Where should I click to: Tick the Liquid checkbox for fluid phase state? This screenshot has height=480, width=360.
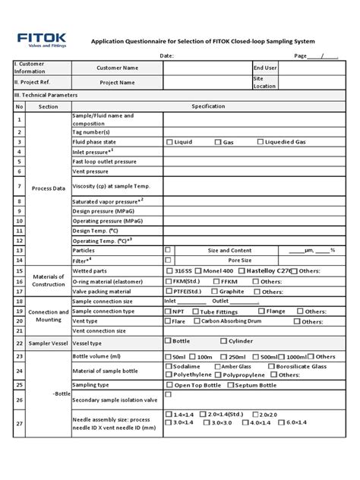coord(169,142)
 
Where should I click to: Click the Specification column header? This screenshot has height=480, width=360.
coord(209,107)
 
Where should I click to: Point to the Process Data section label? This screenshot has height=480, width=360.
coord(48,188)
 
